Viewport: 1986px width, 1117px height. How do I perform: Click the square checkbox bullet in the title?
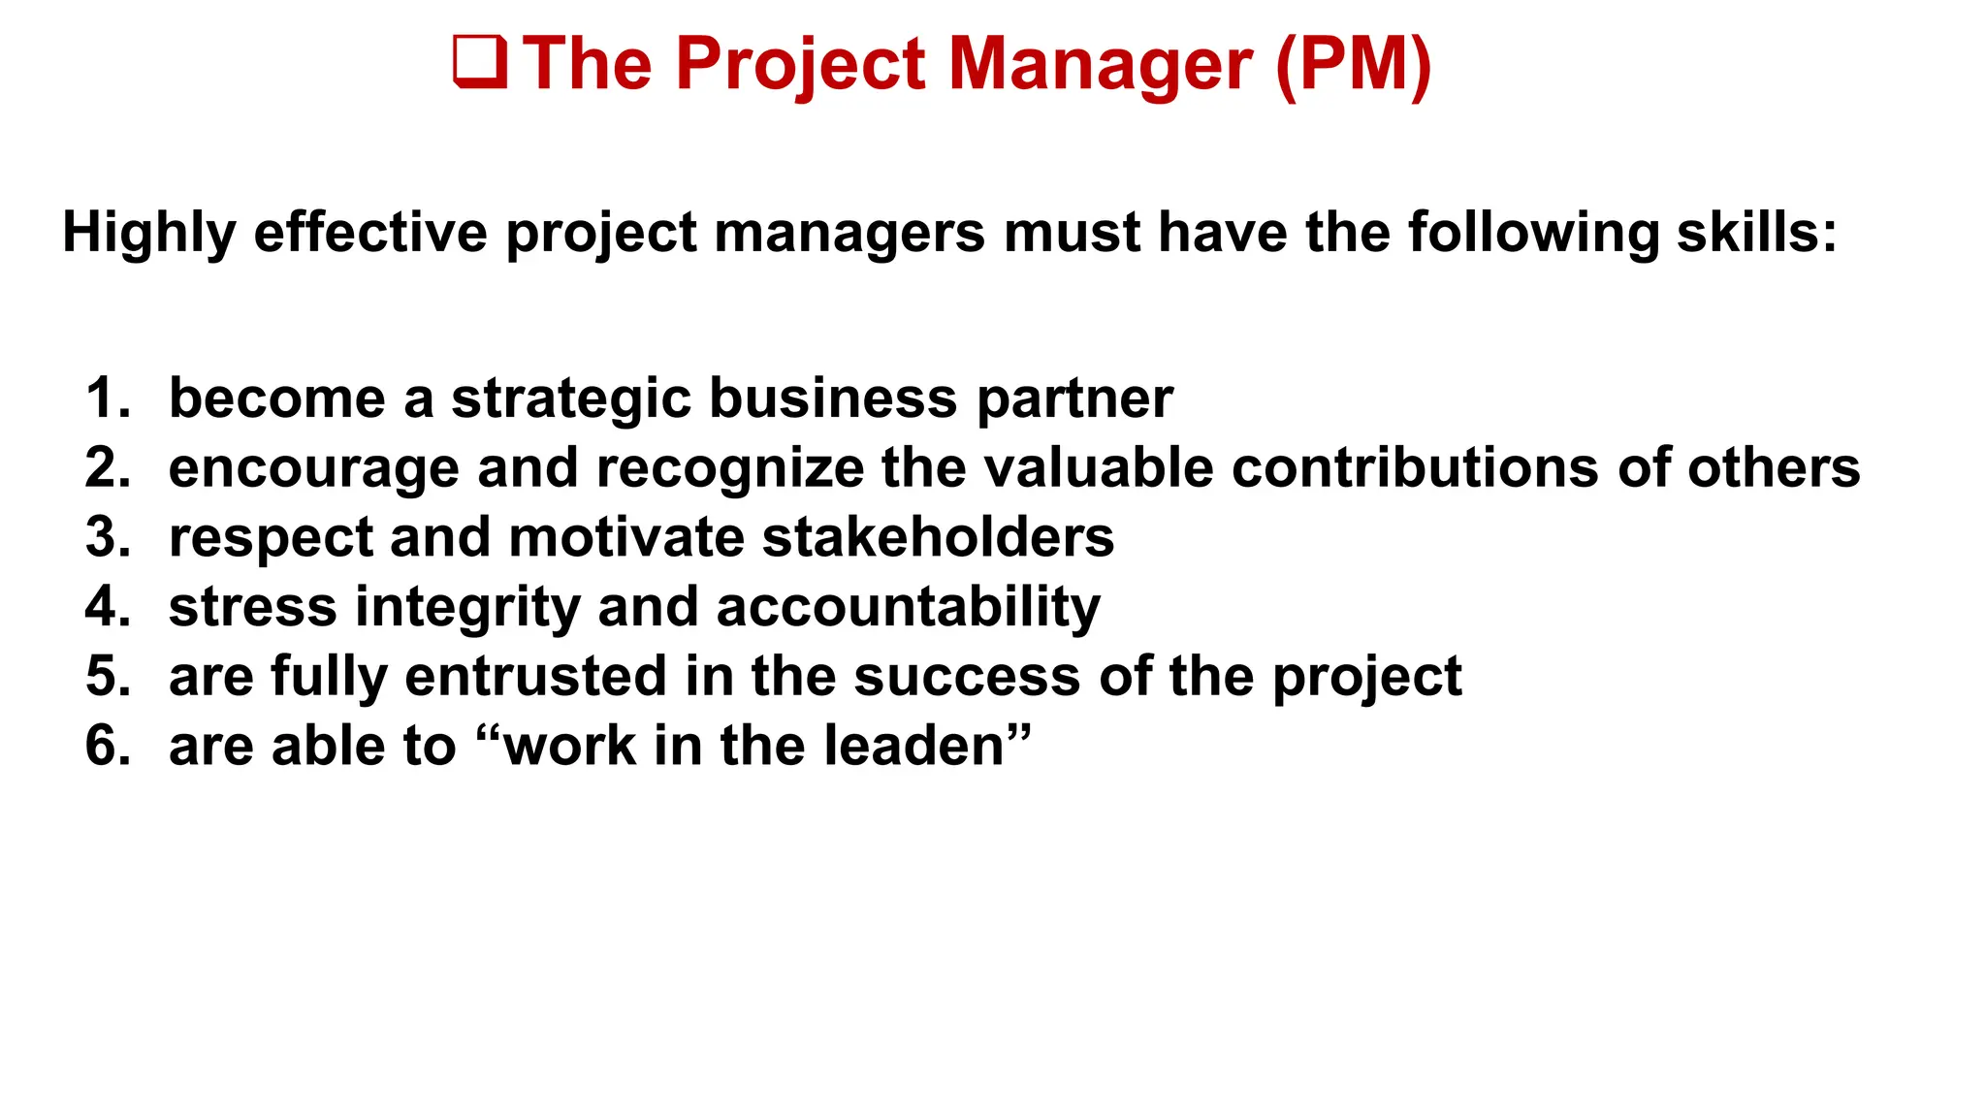click(x=480, y=63)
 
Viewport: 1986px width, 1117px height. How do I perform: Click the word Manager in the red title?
click(x=1100, y=64)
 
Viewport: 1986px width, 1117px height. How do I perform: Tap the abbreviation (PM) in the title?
click(x=1354, y=64)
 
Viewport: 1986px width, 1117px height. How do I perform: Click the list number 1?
click(x=107, y=398)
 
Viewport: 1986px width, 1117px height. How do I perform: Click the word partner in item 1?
click(x=1074, y=399)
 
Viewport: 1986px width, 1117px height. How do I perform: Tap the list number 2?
click(x=107, y=467)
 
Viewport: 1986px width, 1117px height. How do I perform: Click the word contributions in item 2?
click(x=1416, y=467)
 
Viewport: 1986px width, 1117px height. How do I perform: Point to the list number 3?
click(x=107, y=537)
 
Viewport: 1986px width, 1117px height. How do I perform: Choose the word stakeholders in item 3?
click(x=938, y=537)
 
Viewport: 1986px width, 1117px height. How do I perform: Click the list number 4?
click(x=107, y=606)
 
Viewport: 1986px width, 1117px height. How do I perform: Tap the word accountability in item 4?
click(x=908, y=608)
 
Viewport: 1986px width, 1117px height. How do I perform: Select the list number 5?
click(x=107, y=676)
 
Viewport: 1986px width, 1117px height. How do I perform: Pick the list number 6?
click(x=107, y=746)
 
